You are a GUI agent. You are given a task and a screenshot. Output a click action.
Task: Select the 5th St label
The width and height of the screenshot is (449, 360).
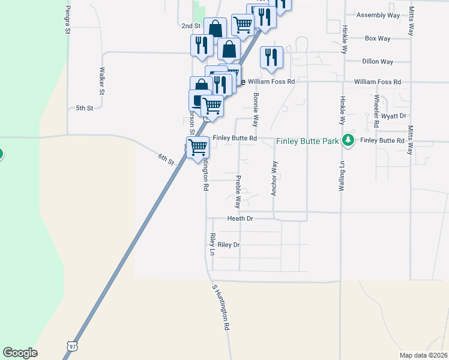tap(85, 108)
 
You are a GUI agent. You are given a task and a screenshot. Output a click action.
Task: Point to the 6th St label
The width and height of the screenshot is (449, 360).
tap(166, 159)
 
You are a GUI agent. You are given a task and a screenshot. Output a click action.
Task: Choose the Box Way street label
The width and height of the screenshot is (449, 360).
tap(378, 38)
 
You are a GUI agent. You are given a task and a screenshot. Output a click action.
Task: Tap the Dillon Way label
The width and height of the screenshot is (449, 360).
tap(378, 61)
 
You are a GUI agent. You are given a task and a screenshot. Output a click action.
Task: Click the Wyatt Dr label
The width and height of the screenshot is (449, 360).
tap(394, 115)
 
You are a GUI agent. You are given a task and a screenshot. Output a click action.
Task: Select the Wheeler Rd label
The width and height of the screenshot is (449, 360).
tap(376, 111)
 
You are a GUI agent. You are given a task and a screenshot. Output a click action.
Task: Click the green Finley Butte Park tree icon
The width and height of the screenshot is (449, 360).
tap(347, 140)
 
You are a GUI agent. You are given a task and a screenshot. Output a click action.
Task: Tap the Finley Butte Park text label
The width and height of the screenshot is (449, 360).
tap(307, 142)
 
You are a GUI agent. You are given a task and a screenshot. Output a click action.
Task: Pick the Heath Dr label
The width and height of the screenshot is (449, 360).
tap(241, 219)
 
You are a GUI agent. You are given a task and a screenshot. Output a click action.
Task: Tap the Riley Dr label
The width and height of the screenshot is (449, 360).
tap(229, 245)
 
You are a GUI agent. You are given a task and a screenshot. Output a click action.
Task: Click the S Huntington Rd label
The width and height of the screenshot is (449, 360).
tap(221, 308)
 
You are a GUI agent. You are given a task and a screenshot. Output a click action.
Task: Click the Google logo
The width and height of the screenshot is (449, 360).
tap(20, 353)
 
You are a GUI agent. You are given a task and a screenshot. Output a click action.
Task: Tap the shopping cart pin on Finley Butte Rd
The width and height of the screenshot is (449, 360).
tap(198, 146)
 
